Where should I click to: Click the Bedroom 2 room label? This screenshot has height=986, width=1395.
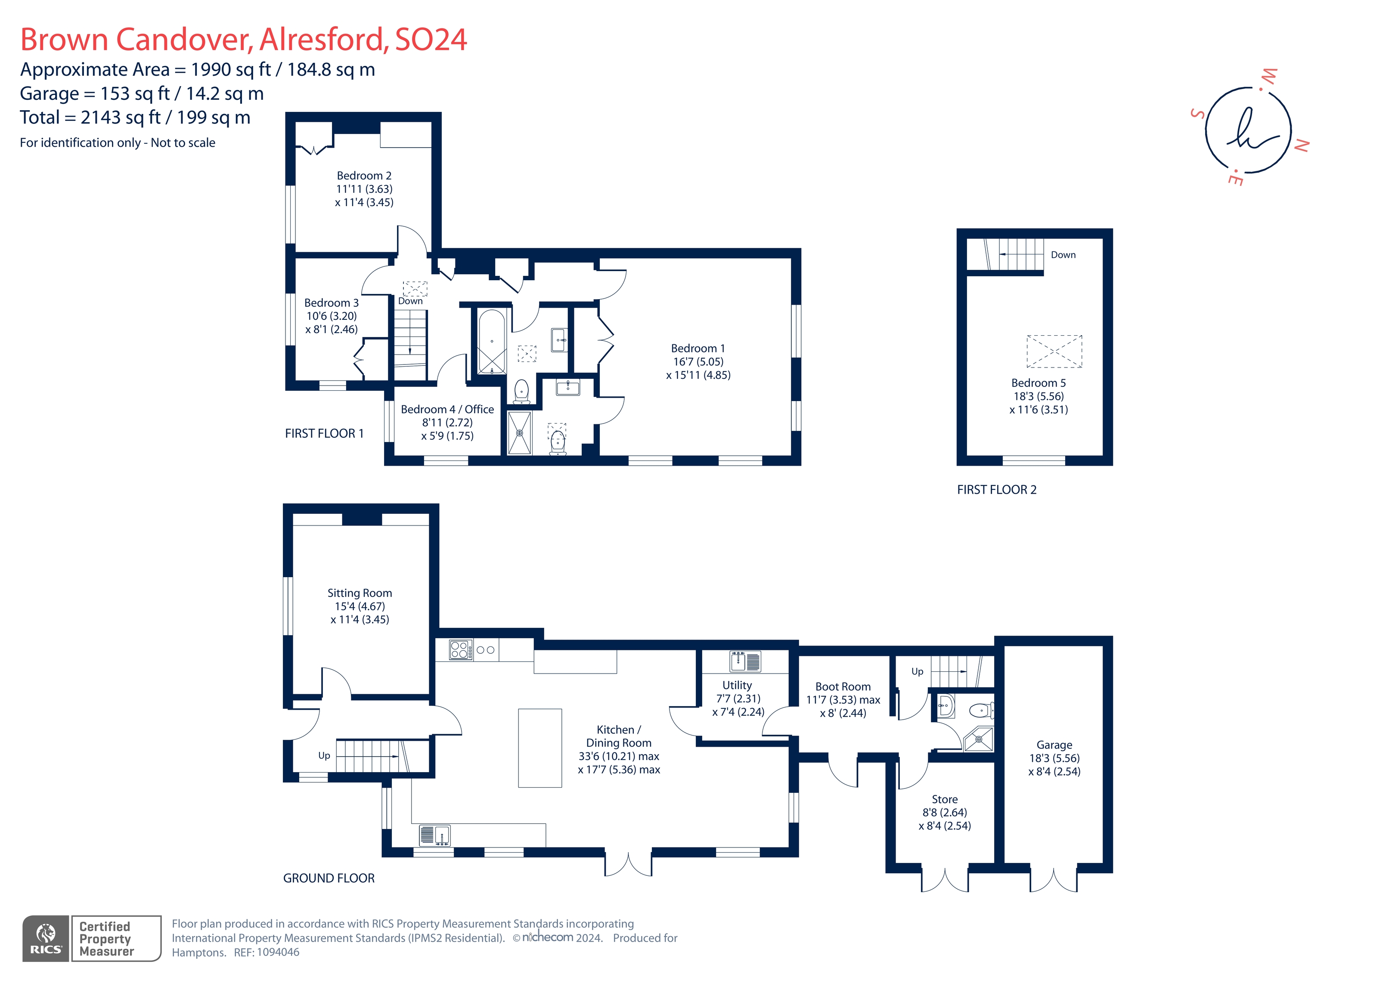click(x=364, y=176)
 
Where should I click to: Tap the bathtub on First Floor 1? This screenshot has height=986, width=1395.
click(x=492, y=341)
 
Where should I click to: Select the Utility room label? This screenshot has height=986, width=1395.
click(x=737, y=685)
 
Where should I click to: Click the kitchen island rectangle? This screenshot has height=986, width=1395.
click(x=539, y=748)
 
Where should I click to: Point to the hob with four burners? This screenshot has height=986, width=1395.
click(x=460, y=649)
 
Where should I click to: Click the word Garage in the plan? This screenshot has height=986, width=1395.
click(x=1054, y=745)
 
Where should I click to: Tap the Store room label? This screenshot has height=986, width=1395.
click(x=944, y=800)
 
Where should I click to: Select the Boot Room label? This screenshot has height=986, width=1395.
click(x=843, y=686)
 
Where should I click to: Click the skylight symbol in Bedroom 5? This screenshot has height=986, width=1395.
click(x=1054, y=351)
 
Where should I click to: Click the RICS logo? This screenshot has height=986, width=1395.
click(x=46, y=939)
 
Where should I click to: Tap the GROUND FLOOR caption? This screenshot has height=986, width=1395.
click(x=329, y=878)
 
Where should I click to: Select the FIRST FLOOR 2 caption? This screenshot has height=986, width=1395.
click(x=996, y=490)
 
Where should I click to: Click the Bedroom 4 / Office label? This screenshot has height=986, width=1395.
click(x=447, y=409)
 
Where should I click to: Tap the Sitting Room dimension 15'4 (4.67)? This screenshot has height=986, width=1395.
click(x=360, y=606)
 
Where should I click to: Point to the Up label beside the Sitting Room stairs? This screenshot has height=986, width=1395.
click(x=324, y=756)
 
